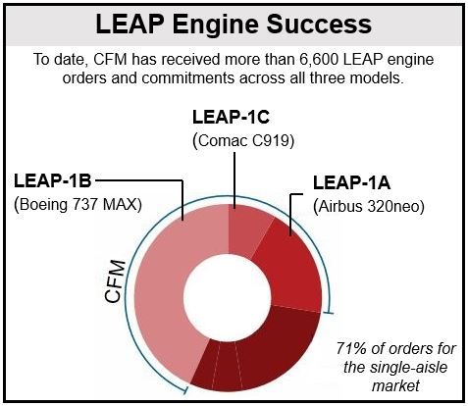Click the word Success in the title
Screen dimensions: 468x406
319,24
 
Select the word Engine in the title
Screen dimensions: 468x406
216,25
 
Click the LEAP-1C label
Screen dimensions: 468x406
231,117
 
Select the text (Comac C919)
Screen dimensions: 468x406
243,141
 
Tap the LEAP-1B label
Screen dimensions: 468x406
52,180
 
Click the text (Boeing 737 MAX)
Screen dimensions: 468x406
78,205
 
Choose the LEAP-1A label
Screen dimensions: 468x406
352,182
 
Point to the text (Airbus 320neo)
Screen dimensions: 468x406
369,207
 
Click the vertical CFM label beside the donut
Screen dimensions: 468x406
115,281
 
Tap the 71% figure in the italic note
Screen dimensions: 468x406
351,349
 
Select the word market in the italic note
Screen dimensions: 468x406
395,385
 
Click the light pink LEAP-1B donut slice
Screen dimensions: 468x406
167,287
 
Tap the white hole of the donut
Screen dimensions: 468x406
228,297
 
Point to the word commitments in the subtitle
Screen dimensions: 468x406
187,78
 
